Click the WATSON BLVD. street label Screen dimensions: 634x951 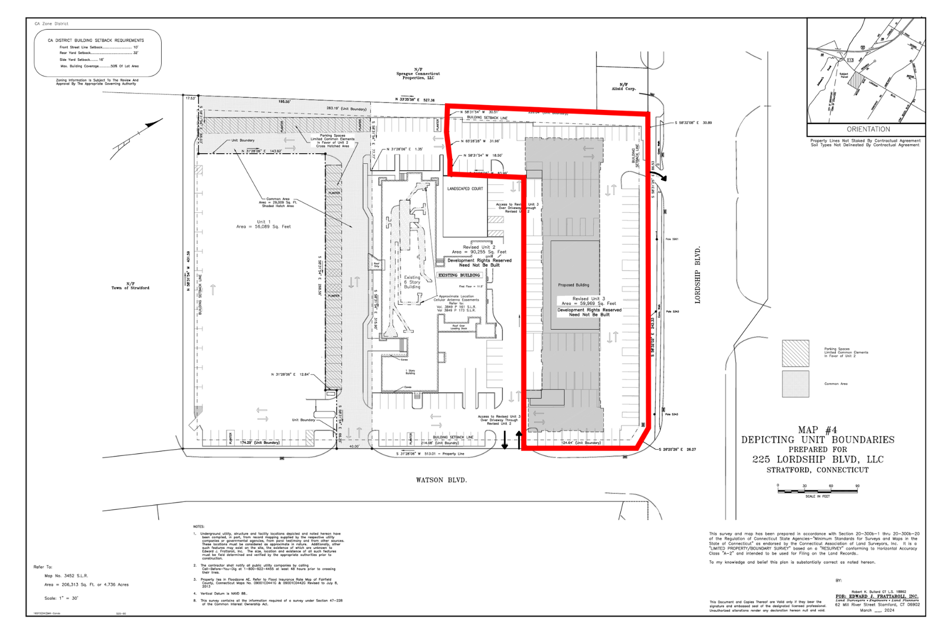point(441,480)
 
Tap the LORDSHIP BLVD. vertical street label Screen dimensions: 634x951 point(697,275)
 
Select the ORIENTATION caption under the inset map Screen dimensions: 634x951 point(868,129)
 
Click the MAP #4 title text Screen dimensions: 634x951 point(817,430)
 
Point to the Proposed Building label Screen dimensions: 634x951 point(573,285)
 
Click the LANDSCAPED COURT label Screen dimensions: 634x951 point(465,189)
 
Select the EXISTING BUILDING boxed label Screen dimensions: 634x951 point(459,275)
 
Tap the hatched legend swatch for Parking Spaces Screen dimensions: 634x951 point(795,353)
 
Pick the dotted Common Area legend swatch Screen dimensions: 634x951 point(795,384)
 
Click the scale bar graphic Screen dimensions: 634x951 point(817,491)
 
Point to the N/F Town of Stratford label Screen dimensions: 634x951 point(130,286)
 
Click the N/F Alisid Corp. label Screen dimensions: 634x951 point(623,87)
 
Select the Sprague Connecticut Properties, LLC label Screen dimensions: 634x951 point(418,74)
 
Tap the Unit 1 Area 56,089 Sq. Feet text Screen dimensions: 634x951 point(263,224)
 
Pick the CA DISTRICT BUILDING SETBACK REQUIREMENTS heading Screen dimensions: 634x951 point(96,40)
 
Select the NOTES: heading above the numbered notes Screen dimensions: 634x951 point(199,527)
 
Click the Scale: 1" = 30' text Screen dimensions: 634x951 point(61,598)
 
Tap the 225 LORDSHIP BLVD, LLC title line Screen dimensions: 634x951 point(817,460)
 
